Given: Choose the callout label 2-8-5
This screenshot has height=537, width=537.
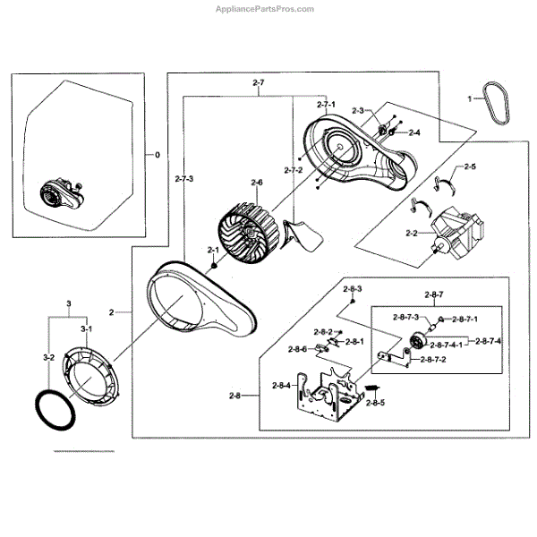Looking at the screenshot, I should pyautogui.click(x=376, y=403).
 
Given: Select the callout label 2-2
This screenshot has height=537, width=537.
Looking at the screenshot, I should pyautogui.click(x=413, y=234).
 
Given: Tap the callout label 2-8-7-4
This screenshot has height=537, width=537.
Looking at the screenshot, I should pyautogui.click(x=488, y=340).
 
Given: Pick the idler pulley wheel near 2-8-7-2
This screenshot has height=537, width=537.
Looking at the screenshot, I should pyautogui.click(x=417, y=341).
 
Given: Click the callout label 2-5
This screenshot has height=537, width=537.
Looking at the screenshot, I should pyautogui.click(x=469, y=167).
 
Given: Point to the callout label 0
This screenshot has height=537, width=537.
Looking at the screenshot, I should pyautogui.click(x=158, y=155).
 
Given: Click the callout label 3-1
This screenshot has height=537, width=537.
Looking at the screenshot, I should pyautogui.click(x=87, y=329).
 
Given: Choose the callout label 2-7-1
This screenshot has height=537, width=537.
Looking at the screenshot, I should pyautogui.click(x=328, y=105).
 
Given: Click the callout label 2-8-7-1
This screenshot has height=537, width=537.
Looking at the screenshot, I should pyautogui.click(x=464, y=318).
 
